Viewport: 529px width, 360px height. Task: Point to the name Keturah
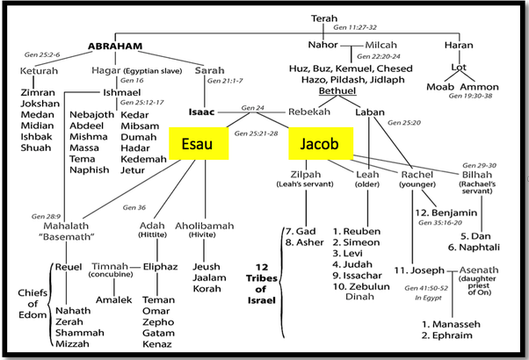pyautogui.click(x=40, y=70)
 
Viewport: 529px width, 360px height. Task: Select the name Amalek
pyautogui.click(x=114, y=299)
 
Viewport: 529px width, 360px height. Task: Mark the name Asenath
pyautogui.click(x=482, y=270)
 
